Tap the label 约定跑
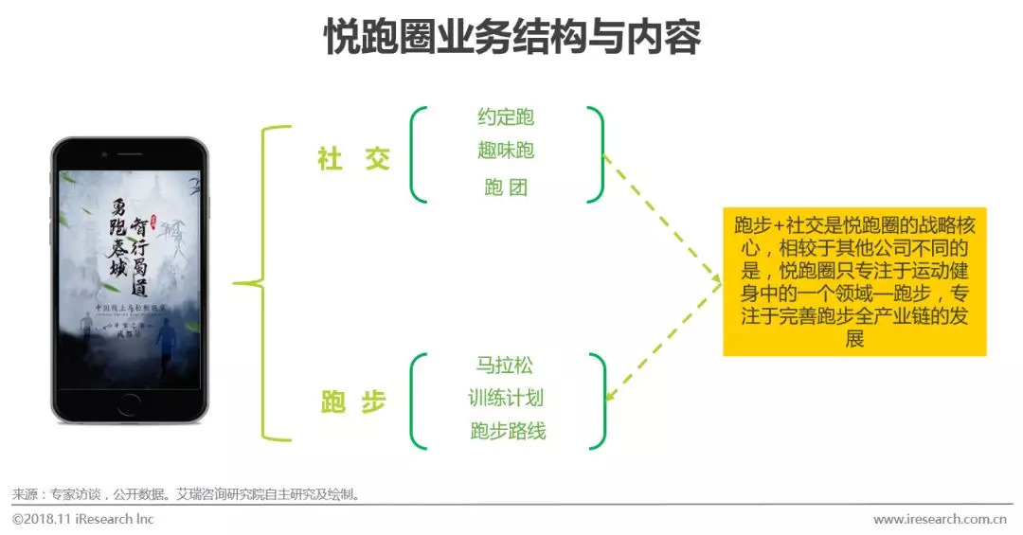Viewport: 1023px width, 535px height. (506, 117)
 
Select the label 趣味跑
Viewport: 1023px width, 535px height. (506, 151)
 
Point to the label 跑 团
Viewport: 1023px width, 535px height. (506, 187)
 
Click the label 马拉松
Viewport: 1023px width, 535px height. (505, 366)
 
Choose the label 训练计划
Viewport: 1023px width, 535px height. (506, 399)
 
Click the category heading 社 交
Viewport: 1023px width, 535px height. (353, 159)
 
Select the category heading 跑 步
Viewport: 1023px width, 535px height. (353, 402)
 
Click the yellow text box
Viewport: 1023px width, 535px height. (854, 281)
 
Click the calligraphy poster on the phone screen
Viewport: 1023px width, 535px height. (130, 275)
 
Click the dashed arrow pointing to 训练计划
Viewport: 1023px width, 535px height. (663, 341)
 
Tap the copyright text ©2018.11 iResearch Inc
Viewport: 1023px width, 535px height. (82, 519)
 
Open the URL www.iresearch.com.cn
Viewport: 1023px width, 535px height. (939, 519)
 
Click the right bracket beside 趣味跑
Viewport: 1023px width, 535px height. (598, 153)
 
